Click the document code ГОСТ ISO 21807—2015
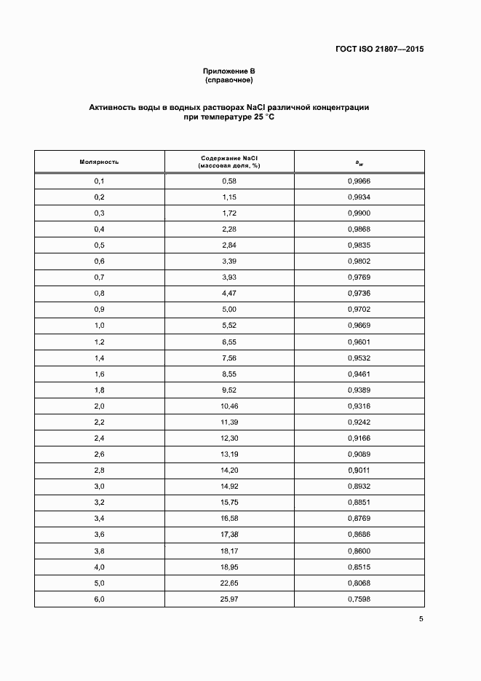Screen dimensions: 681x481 pyautogui.click(x=379, y=50)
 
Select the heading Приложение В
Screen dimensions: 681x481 pyautogui.click(x=229, y=71)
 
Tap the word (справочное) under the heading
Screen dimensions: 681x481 pyautogui.click(x=229, y=79)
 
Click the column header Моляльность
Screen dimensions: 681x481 pyautogui.click(x=100, y=162)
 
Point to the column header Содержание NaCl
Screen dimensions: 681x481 pyautogui.click(x=229, y=157)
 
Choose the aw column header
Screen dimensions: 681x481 pyautogui.click(x=359, y=162)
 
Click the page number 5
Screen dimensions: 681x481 pyautogui.click(x=421, y=619)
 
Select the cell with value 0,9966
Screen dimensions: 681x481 pyautogui.click(x=359, y=181)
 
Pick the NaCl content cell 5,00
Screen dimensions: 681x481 pyautogui.click(x=229, y=309)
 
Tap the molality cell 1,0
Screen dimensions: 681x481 pyautogui.click(x=100, y=325)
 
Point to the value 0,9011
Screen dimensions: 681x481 pyautogui.click(x=359, y=470)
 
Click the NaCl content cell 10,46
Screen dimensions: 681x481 pyautogui.click(x=229, y=406)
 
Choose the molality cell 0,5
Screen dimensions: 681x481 pyautogui.click(x=100, y=245)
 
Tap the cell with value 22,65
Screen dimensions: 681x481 pyautogui.click(x=229, y=582)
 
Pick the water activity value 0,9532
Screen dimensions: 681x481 pyautogui.click(x=359, y=358)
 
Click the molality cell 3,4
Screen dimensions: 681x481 pyautogui.click(x=100, y=518)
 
